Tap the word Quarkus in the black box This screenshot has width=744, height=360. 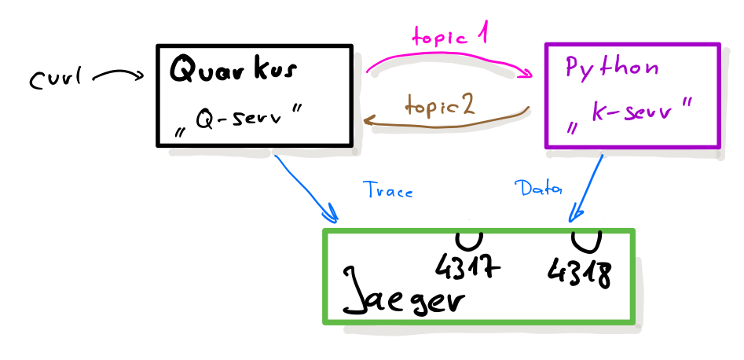[233, 70]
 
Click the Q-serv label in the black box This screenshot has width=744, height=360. [240, 125]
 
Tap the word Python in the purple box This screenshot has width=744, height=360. [612, 68]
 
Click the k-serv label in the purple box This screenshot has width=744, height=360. [632, 115]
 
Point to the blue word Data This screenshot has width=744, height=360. [538, 188]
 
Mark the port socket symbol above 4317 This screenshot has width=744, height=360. [469, 239]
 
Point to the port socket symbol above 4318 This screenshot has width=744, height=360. [586, 239]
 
